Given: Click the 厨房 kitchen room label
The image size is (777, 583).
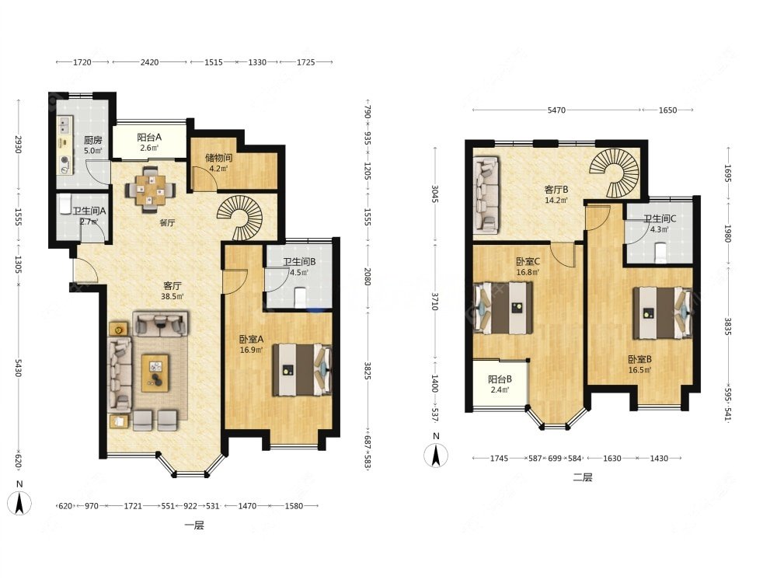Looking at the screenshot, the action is pos(92,140).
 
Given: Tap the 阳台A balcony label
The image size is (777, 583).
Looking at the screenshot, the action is pos(149,138).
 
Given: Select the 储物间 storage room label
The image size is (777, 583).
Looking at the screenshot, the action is pos(218,158).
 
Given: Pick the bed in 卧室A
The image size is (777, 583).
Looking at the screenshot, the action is pos(301,369).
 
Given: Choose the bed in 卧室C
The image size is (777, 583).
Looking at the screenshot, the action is pos(503,308).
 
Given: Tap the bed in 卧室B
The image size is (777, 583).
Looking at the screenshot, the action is pos(662,312).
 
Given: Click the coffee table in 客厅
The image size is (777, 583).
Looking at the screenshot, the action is pos(155,372).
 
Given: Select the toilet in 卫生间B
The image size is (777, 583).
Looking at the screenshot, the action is pos(300,298).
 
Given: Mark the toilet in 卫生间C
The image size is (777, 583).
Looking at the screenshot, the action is pos(660,253).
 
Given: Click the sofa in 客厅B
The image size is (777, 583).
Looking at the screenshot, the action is pos(486,195).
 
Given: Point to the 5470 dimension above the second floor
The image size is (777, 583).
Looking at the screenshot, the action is pos(556,110).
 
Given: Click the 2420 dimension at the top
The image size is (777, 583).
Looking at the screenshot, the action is pos(150,62).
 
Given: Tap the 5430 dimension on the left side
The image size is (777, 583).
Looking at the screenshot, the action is pos(19,368).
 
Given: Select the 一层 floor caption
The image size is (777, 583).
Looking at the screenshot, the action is pos(194,525).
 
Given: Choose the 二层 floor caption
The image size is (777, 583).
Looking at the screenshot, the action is pos(583,478).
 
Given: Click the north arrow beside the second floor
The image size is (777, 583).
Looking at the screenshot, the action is pos(436,455).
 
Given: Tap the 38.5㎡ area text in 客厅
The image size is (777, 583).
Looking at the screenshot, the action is pos(172,296).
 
